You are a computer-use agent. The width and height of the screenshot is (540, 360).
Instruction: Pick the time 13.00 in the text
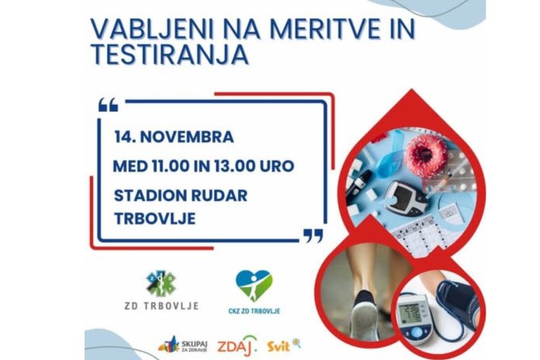coord(241,166)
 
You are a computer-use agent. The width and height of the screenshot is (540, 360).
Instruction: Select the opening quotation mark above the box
coord(109,105)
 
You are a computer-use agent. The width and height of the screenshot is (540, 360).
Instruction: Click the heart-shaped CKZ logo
coord(254,285)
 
